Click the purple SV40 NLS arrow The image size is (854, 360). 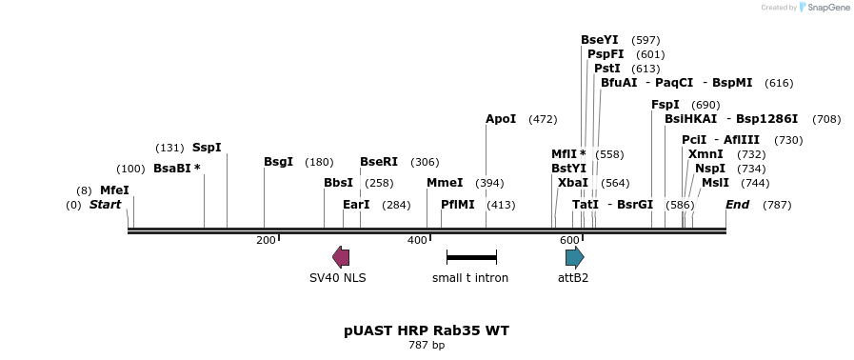340,256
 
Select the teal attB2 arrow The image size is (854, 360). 574,256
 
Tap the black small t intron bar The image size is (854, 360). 471,257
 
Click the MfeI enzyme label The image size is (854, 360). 114,190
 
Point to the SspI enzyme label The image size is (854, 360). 207,148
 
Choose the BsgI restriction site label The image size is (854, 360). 278,162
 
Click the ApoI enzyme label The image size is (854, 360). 501,119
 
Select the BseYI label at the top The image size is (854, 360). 600,40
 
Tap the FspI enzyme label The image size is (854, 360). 665,105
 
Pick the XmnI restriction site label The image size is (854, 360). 705,154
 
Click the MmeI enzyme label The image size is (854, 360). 445,183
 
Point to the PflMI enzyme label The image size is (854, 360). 458,205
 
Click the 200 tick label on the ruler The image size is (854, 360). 266,240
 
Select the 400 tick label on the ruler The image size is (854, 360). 417,240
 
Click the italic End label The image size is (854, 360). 738,205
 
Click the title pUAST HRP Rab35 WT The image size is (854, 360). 427,330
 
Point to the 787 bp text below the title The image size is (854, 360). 427,345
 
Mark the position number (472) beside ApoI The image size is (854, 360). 543,119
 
